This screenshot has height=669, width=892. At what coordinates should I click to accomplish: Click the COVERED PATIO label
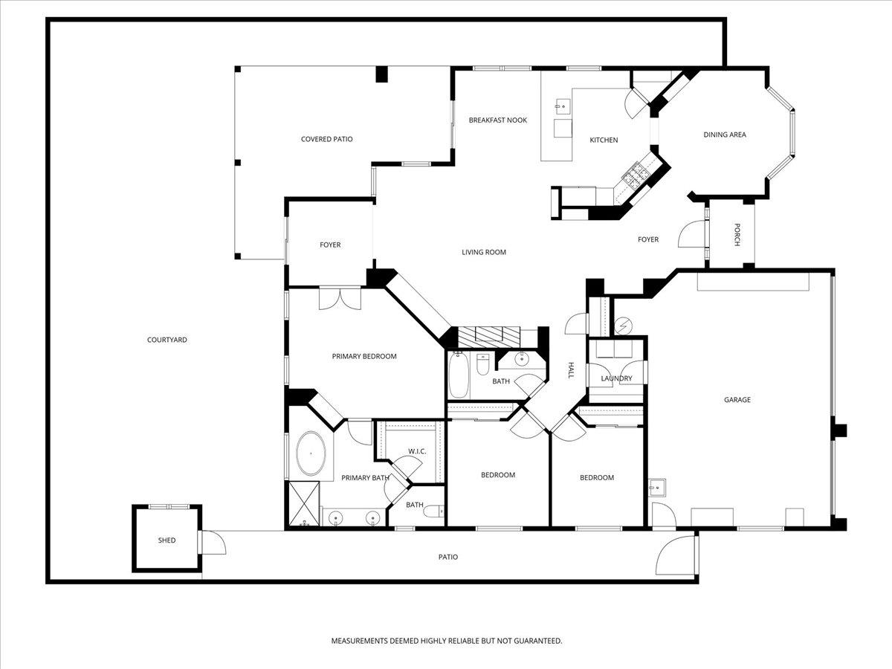(x=326, y=139)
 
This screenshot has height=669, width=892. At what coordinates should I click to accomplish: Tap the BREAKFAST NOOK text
(x=497, y=120)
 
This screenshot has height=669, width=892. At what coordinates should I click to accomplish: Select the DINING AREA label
(x=725, y=135)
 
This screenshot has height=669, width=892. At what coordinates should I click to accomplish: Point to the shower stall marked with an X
(x=304, y=504)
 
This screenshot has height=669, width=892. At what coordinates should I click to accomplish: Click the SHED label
(x=167, y=540)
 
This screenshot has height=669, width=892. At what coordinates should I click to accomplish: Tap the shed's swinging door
(x=214, y=544)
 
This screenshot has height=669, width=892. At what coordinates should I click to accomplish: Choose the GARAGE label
(x=737, y=400)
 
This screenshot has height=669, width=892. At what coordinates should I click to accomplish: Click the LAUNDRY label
(x=616, y=378)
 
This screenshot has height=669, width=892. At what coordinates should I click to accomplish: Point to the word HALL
(x=571, y=370)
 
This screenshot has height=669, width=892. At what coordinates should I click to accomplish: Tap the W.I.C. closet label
(x=416, y=451)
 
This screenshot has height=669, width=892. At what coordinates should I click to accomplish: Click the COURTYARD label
(x=167, y=340)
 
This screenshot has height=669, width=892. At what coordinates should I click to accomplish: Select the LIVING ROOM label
(x=484, y=252)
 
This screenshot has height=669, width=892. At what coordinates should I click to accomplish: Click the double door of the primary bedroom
(x=339, y=299)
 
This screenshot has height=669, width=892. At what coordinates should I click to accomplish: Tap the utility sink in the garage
(x=657, y=488)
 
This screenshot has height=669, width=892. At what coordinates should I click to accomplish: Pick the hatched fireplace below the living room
(x=491, y=335)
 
